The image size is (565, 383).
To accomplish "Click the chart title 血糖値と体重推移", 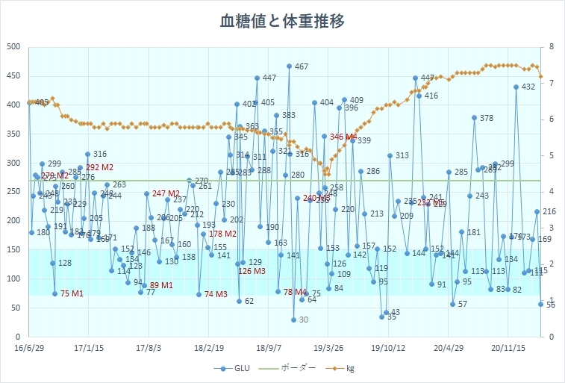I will pos(282,21).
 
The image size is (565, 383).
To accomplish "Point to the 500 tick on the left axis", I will pos(13,47).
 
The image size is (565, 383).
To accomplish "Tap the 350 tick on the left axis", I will pos(13,134).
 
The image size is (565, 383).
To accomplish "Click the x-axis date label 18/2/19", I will pos(210,347).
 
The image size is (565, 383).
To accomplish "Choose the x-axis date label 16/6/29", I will pos(29,347).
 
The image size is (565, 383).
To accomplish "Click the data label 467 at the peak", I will pos(302,67).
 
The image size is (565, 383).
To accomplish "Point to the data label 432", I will pos(528,87).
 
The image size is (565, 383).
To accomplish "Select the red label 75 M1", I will pos(72,293).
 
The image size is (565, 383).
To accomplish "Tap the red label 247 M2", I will pos(166,193).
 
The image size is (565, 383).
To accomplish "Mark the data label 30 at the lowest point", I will pos(303,320).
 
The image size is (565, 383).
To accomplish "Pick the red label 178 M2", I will pos(223,234).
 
